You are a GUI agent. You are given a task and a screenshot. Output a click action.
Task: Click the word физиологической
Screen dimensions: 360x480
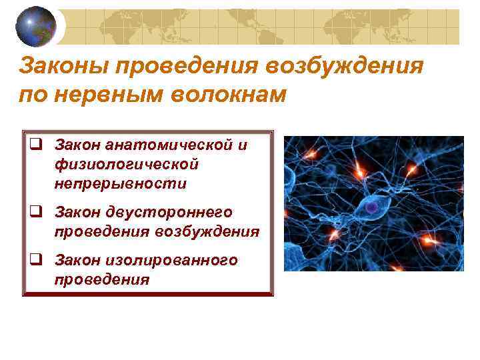127,164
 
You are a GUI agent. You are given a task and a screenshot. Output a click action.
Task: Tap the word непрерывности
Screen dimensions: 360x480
121,183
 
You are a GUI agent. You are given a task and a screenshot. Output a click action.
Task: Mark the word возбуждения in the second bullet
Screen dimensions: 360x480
207,231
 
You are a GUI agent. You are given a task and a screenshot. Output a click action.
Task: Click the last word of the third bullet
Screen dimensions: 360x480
102,279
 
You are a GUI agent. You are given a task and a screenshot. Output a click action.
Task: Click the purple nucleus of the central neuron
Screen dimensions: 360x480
371,209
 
